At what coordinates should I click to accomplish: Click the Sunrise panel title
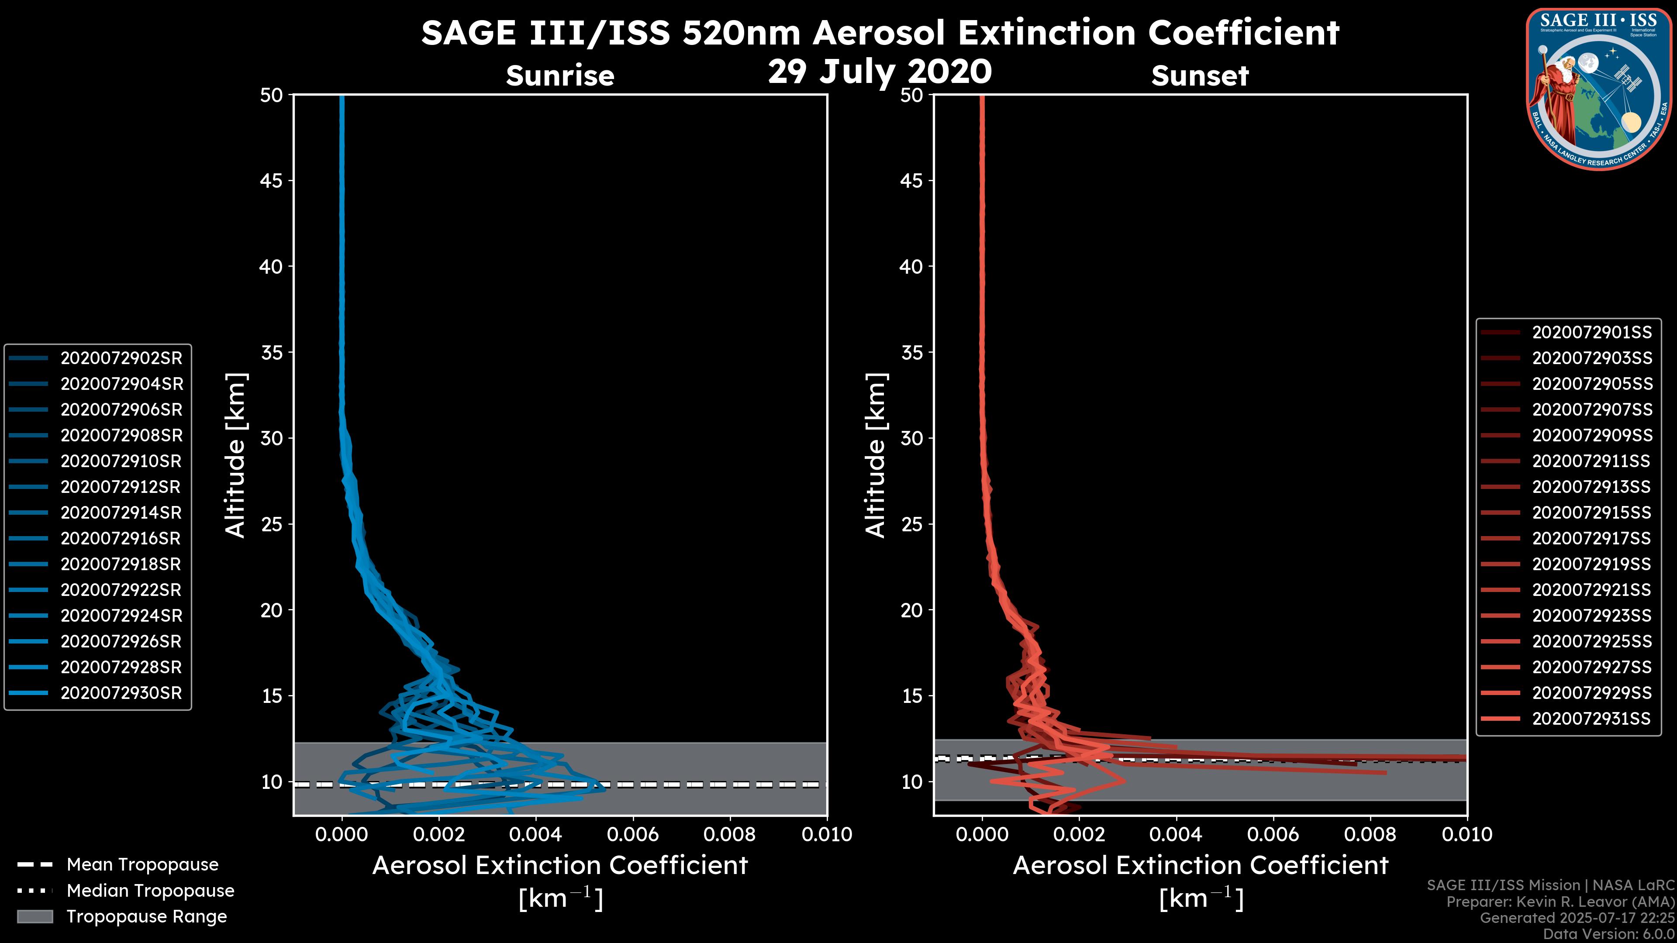click(x=560, y=76)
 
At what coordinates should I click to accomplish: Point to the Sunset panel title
click(x=1200, y=76)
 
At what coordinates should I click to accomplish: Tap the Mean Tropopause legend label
click(x=142, y=864)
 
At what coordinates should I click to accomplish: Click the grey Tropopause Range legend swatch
click(x=35, y=916)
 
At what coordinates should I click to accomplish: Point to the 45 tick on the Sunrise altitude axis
click(x=272, y=180)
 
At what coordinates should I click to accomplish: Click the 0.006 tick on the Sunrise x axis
click(x=633, y=834)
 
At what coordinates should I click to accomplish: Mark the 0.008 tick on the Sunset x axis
click(x=1370, y=834)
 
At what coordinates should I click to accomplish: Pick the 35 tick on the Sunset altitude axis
click(x=912, y=352)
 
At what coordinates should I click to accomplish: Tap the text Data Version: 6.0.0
click(x=1608, y=934)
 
